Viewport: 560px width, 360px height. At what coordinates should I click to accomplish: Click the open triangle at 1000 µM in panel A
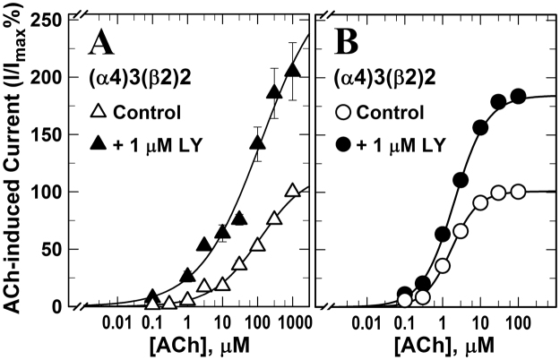click(x=292, y=191)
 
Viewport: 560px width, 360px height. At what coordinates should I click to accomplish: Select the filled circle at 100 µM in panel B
click(x=517, y=96)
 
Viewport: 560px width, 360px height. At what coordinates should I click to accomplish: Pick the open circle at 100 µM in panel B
click(x=517, y=191)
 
